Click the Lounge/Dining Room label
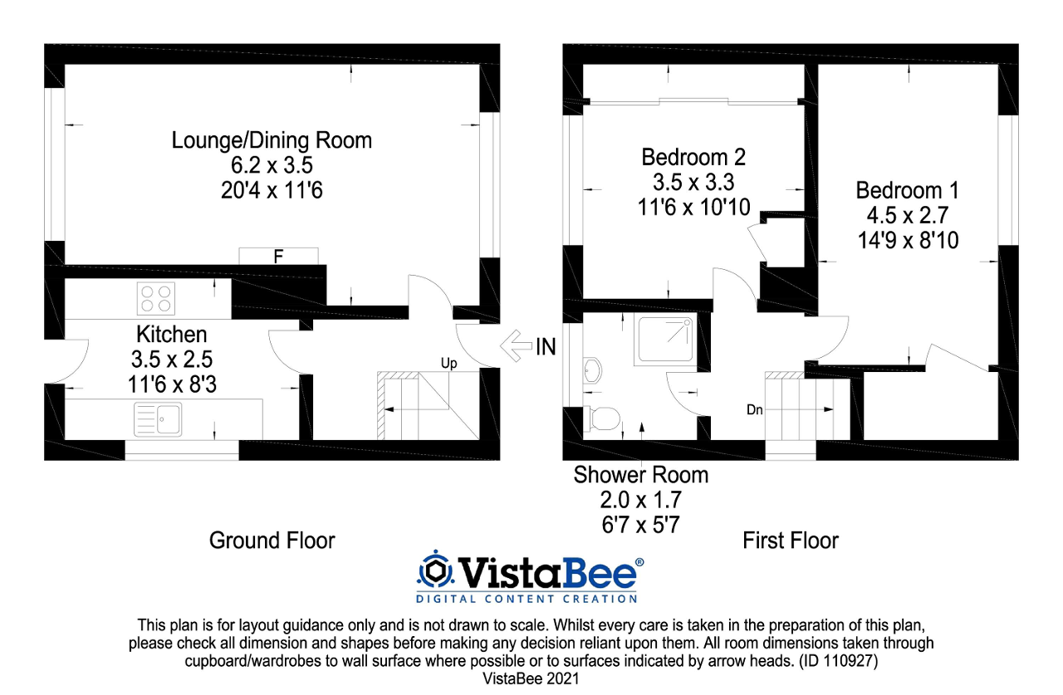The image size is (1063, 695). (x=272, y=140)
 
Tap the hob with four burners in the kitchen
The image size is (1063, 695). (x=155, y=298)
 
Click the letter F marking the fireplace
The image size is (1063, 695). (x=279, y=257)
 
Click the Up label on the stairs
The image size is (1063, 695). (x=449, y=363)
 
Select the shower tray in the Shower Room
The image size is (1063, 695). (x=664, y=340)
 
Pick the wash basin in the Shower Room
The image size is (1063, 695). (x=592, y=371)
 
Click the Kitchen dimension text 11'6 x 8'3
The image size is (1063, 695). (x=172, y=385)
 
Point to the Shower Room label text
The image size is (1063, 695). (x=641, y=475)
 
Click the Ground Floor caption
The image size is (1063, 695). (x=272, y=541)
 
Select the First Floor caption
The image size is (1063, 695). (x=791, y=541)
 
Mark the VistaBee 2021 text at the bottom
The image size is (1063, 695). (x=531, y=678)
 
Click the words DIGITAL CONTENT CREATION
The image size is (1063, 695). (x=527, y=598)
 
